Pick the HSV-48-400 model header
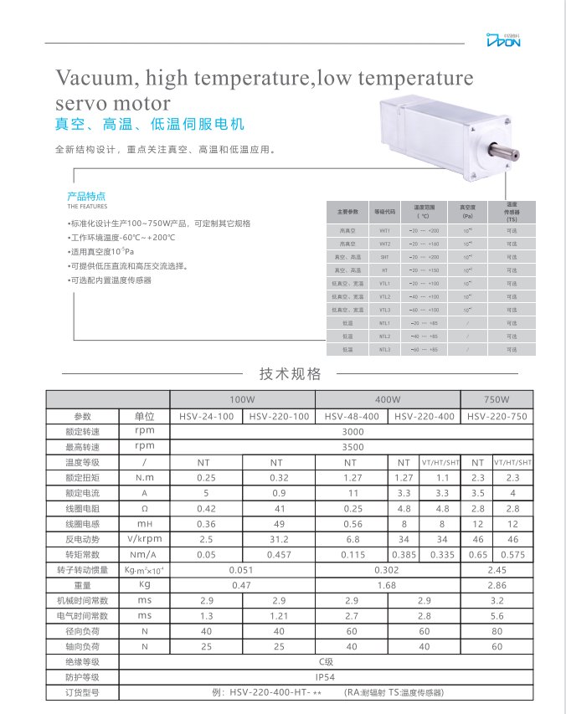(x=351, y=416)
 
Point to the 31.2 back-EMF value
(x=277, y=539)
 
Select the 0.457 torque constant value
(x=277, y=554)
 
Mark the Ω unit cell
(x=145, y=508)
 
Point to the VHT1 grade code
(x=385, y=230)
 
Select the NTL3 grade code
(x=385, y=349)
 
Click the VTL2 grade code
(x=385, y=296)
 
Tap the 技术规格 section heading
(x=290, y=374)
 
